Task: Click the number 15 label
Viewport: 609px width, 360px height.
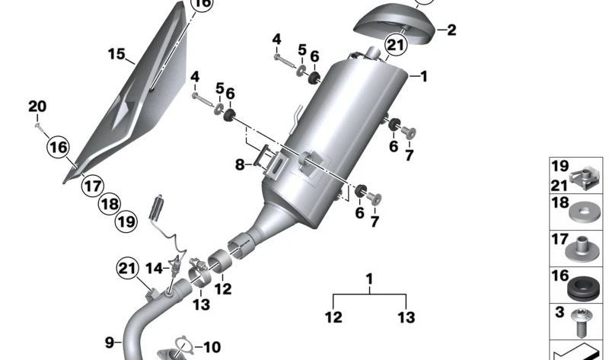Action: [116, 54]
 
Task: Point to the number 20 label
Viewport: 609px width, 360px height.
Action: [37, 106]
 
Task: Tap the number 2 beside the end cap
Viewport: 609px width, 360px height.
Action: [451, 30]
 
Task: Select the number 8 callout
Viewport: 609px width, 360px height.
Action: [239, 164]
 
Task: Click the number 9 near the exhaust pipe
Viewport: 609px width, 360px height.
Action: [108, 342]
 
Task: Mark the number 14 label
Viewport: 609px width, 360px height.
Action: [154, 268]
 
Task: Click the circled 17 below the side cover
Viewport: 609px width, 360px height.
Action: [92, 185]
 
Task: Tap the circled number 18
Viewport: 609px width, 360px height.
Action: [110, 204]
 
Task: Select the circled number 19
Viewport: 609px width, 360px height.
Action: [126, 222]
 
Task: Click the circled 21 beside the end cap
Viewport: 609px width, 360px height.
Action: [396, 46]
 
